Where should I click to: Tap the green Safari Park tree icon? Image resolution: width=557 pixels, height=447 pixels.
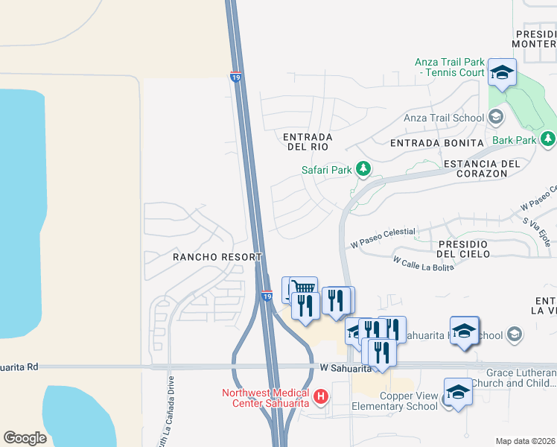[363, 170]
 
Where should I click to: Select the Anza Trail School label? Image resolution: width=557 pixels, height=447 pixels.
[444, 118]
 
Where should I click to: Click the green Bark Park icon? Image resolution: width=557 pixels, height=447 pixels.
[548, 139]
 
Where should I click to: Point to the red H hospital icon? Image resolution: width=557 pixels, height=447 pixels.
[321, 397]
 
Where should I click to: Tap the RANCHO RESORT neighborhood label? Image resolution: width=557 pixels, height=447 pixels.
[217, 256]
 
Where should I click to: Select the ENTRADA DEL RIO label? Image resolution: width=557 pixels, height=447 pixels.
[308, 142]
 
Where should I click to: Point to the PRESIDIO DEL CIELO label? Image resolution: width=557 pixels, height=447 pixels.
[463, 249]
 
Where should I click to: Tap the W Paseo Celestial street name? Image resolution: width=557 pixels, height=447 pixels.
[382, 236]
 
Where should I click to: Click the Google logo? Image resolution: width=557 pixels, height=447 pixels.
[25, 437]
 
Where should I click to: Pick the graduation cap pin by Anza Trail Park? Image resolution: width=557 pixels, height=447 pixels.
[503, 72]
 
